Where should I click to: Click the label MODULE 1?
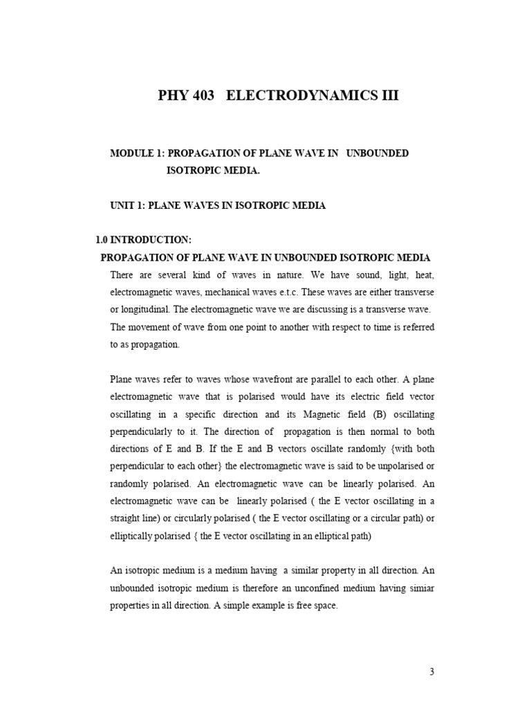[136, 153]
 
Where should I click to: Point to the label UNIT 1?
[128, 205]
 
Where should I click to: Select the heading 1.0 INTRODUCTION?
[142, 240]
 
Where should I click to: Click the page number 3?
[431, 671]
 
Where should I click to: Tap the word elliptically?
[136, 534]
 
